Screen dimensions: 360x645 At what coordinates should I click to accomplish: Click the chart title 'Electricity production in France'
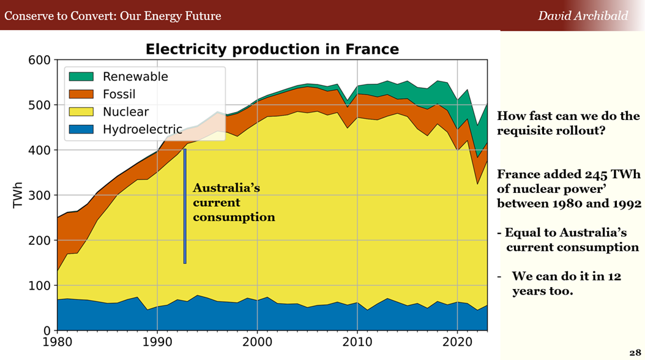(272, 49)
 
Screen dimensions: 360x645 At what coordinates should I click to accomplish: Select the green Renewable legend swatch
(81, 77)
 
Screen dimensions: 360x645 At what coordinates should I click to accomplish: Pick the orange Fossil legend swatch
(81, 94)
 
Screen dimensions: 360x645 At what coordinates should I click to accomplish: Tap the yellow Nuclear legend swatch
(81, 112)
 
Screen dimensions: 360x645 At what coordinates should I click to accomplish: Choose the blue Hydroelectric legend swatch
(81, 129)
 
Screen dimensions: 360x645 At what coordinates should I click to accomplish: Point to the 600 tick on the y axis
(39, 60)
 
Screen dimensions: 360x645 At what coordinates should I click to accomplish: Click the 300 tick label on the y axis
(39, 195)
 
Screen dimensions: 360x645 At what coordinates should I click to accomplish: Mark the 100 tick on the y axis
(39, 286)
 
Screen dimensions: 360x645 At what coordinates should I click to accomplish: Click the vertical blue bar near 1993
(185, 206)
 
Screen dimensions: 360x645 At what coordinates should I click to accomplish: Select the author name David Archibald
(583, 15)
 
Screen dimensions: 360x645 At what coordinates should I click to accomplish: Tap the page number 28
(635, 352)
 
